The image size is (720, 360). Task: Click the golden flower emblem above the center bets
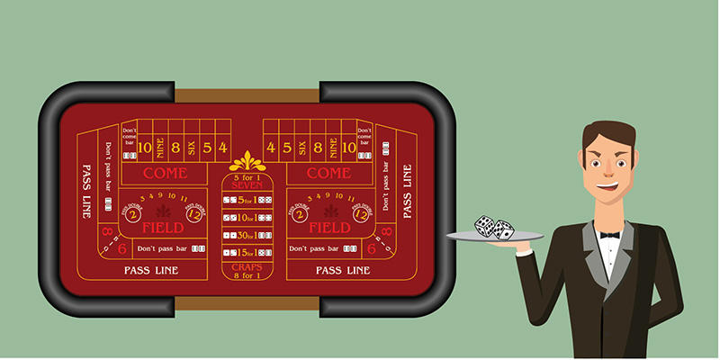(x=246, y=162)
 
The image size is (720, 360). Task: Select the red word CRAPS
(x=246, y=267)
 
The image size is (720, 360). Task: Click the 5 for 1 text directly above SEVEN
(x=246, y=176)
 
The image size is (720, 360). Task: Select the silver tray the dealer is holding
(x=496, y=238)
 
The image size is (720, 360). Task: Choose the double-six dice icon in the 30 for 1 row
(x=264, y=236)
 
